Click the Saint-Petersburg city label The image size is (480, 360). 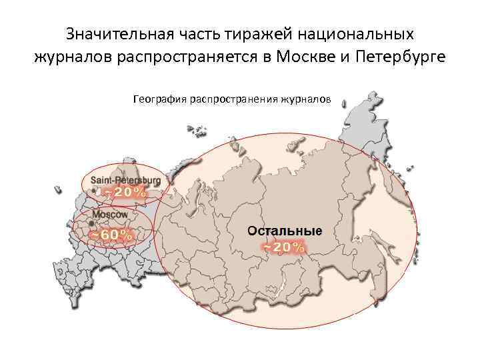(125, 180)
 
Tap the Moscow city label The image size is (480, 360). (110, 215)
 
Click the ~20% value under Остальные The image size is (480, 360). (284, 247)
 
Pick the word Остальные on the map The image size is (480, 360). (285, 231)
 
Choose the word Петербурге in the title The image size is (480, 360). (404, 57)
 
